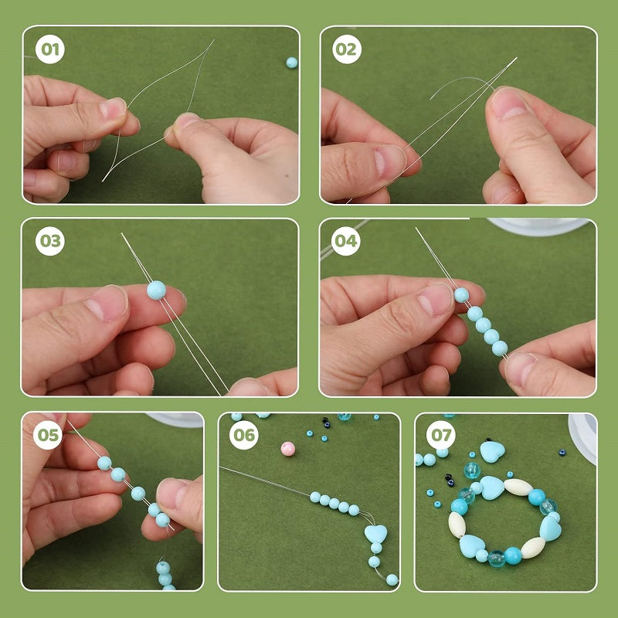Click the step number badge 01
pos(50,51)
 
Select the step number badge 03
pos(50,242)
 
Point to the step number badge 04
pos(346,242)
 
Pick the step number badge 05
pos(48,436)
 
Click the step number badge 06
pos(244,436)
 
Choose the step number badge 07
pos(441,436)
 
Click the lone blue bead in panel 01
pos(291,63)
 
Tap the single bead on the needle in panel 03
pos(156,290)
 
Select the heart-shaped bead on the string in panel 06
pos(375,534)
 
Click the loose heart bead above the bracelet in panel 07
pos(492,451)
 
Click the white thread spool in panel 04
pos(541,226)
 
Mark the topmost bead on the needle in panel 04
pos(461,294)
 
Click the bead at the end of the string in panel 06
pos(392,579)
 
